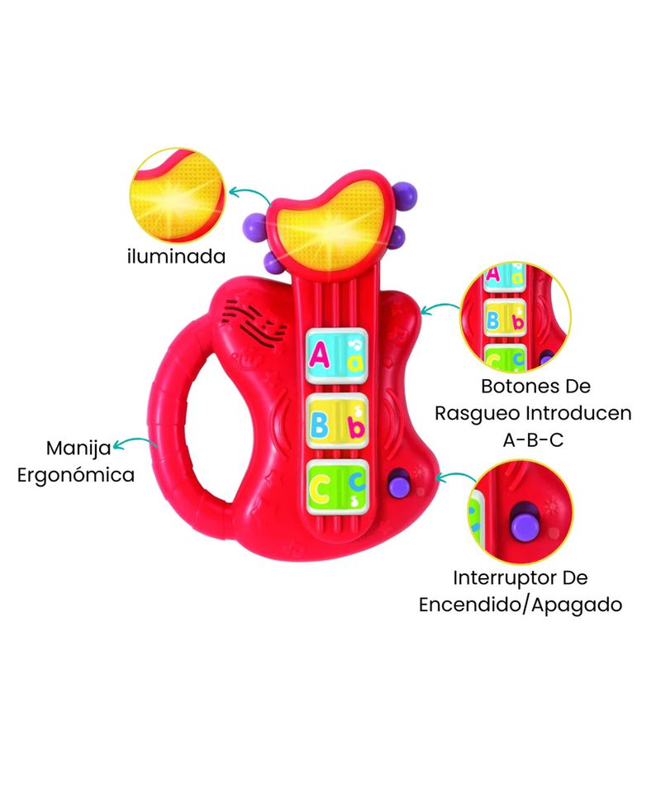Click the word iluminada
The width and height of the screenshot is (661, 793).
pos(177,256)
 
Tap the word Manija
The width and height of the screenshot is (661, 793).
pos(78,449)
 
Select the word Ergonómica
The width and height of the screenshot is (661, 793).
pos(76,476)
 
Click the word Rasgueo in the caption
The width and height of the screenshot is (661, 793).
pos(477,414)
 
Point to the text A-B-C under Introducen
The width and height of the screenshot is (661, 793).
pos(533,440)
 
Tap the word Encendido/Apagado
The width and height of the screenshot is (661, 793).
pos(521,605)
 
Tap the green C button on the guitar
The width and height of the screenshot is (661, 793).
pos(336,487)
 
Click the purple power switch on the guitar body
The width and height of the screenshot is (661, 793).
pos(398,483)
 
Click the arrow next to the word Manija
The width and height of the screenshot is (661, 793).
pos(135,442)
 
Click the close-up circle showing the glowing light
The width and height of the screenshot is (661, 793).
pos(177,195)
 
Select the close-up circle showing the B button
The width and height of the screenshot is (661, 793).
pos(516,317)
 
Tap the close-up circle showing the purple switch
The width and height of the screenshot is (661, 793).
pos(521,512)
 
